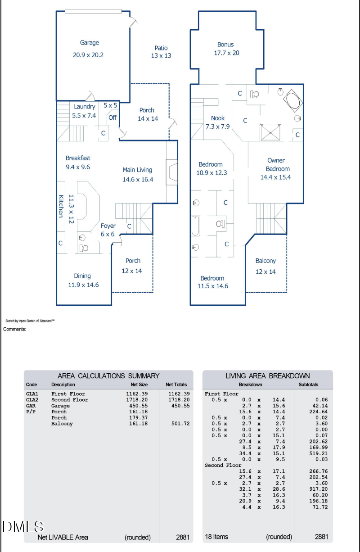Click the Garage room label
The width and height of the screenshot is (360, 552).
90,43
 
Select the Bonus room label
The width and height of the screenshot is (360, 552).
225,45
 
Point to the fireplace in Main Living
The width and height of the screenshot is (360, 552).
172,172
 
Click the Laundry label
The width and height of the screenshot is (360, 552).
85,107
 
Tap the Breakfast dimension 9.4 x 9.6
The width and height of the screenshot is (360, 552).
78,167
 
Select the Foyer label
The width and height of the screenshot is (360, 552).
108,226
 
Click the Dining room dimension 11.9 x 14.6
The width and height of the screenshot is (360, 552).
82,285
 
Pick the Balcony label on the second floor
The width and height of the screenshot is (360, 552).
265,261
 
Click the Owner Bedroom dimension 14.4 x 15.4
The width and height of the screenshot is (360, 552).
275,177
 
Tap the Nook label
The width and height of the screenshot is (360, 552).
218,118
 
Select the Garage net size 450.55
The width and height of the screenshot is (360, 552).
137,406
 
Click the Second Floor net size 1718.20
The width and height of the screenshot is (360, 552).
137,400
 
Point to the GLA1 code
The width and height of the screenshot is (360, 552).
32,394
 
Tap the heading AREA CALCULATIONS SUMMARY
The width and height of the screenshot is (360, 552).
108,376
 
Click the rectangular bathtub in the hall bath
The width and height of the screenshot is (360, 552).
195,226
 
